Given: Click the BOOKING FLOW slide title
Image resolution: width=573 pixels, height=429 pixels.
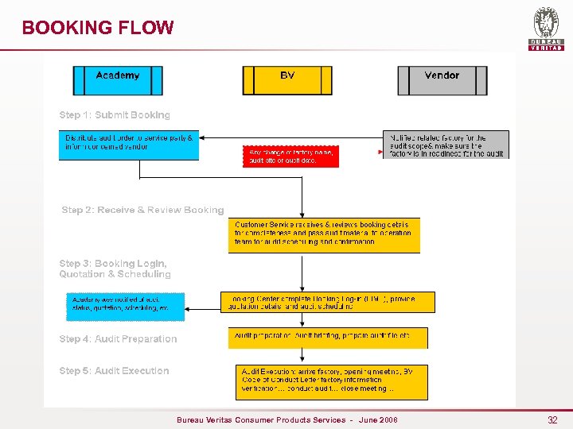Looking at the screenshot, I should click(x=98, y=28).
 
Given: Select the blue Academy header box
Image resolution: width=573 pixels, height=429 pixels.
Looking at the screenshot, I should click(x=118, y=80).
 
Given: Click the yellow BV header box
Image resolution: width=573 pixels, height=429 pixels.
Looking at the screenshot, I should click(x=287, y=80).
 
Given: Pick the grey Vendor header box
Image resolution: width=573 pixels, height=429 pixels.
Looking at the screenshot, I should click(x=442, y=80).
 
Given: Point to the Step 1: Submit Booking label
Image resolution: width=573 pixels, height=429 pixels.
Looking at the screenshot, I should click(x=115, y=115).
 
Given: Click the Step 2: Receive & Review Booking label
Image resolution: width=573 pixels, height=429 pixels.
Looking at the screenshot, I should click(x=142, y=211).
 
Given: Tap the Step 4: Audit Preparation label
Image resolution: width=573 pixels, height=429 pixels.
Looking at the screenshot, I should click(x=118, y=339).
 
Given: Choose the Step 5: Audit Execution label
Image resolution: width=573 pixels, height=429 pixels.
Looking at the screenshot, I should click(x=114, y=371).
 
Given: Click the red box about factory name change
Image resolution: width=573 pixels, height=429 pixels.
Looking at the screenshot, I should click(x=290, y=156).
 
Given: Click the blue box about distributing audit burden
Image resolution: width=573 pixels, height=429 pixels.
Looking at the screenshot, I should click(x=128, y=145).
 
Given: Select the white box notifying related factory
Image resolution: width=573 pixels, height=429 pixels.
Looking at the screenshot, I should click(x=446, y=145).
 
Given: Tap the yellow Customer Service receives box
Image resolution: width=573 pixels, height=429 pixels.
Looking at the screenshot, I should click(x=324, y=235).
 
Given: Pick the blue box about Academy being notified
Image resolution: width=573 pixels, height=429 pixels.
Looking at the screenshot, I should click(x=125, y=307).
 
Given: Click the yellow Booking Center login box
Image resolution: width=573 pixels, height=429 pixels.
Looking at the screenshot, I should click(x=328, y=302).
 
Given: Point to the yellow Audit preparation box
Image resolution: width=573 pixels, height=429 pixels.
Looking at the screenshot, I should click(x=327, y=338).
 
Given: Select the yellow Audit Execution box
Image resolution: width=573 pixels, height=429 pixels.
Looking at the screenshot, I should click(x=332, y=382).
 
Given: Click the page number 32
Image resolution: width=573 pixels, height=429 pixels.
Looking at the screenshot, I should click(x=552, y=419).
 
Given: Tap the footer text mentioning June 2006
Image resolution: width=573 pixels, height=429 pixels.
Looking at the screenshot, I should click(x=286, y=419).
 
